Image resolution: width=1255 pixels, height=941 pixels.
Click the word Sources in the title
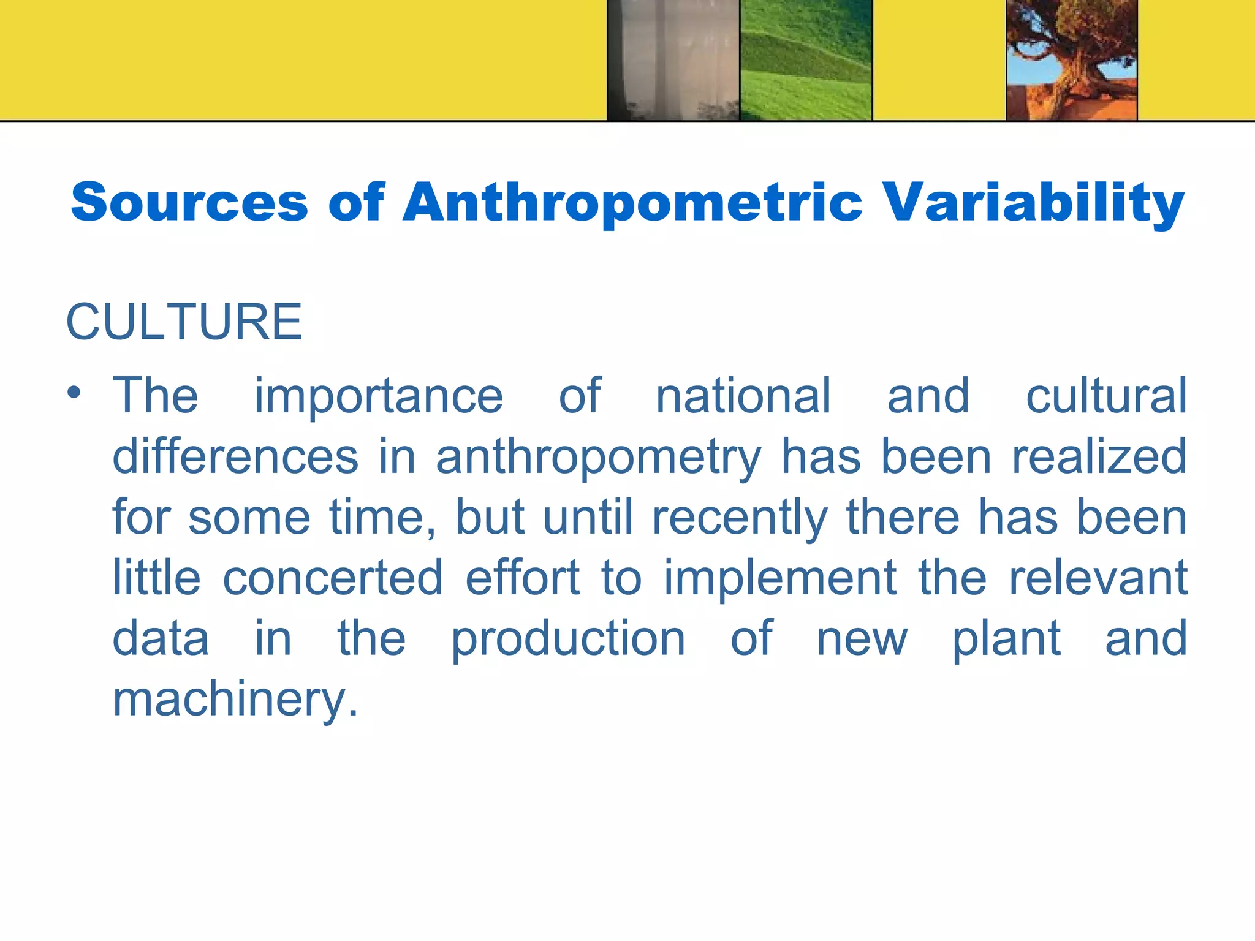coord(189,202)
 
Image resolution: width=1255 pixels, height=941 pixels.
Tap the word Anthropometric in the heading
coord(632,203)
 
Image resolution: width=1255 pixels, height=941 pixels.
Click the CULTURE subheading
coord(184,322)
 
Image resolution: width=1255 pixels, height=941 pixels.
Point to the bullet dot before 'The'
coord(74,393)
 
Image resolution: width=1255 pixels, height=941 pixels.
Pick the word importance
coord(379,396)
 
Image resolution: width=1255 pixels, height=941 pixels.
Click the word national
coord(743,396)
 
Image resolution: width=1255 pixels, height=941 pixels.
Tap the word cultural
coord(1106,396)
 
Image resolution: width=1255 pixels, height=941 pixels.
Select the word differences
coord(235,456)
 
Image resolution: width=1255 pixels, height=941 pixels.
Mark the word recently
coord(740,518)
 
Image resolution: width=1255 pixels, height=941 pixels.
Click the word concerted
coord(333,578)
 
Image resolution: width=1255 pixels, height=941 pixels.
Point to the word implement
coord(781,579)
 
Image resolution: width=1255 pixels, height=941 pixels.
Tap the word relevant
coord(1098,578)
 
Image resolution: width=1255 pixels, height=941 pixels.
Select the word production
coord(568,640)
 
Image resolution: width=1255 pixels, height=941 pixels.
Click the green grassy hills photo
coord(806,59)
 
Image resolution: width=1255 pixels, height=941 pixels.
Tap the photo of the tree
coord(1072,59)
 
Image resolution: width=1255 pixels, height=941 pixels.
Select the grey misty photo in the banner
coord(673,59)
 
